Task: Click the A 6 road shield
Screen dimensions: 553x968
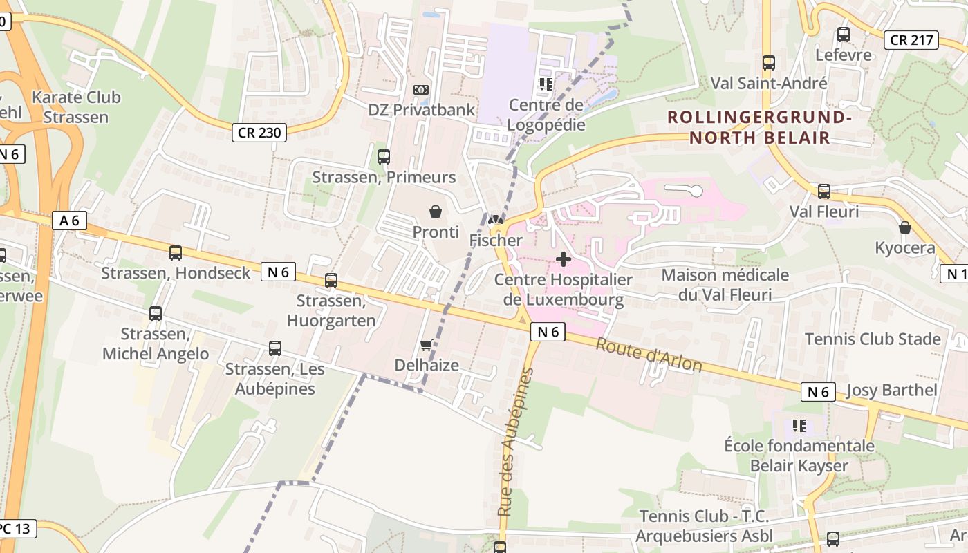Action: pyautogui.click(x=70, y=221)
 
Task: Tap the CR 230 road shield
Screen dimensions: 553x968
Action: pyautogui.click(x=259, y=132)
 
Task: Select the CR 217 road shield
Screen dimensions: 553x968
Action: pyautogui.click(x=911, y=40)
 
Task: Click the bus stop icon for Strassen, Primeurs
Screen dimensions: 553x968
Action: pyautogui.click(x=384, y=157)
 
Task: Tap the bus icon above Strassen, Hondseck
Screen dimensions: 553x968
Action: pyautogui.click(x=176, y=253)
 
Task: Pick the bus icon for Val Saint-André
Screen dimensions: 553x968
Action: pyautogui.click(x=769, y=63)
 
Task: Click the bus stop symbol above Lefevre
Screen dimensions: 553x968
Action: pyautogui.click(x=844, y=35)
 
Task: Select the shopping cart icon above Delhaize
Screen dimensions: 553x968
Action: pyautogui.click(x=427, y=345)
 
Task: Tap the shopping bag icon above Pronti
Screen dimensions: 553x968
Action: pyautogui.click(x=436, y=212)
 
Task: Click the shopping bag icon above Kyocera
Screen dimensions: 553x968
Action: pyautogui.click(x=904, y=227)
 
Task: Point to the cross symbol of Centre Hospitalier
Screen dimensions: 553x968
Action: pyautogui.click(x=564, y=259)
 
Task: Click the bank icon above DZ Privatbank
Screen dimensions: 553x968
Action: pyautogui.click(x=421, y=90)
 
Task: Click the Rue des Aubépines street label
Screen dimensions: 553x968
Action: pyautogui.click(x=515, y=442)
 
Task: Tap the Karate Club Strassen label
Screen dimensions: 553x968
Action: pyautogui.click(x=76, y=107)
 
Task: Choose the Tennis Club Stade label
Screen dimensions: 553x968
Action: pyautogui.click(x=873, y=339)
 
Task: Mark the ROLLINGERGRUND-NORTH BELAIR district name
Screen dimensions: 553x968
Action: pyautogui.click(x=758, y=127)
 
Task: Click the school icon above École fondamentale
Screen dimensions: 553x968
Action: pyautogui.click(x=799, y=425)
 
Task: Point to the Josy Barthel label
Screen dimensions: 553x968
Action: pyautogui.click(x=891, y=390)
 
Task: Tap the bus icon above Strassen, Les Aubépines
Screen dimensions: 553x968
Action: pyautogui.click(x=275, y=348)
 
